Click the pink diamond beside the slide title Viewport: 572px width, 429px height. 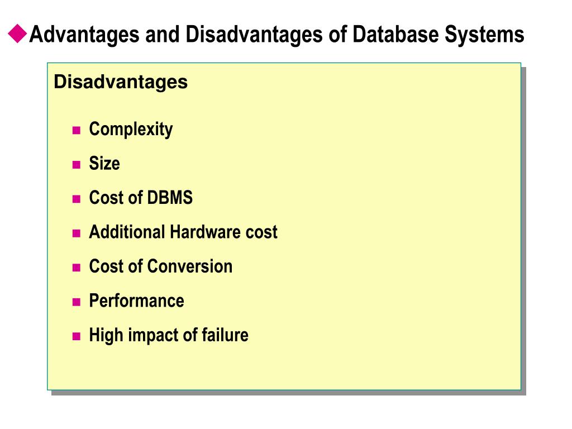[x=18, y=35]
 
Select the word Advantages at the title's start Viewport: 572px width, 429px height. [x=84, y=35]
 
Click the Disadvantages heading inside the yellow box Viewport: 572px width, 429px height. [x=121, y=82]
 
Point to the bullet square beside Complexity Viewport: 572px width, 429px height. [x=77, y=131]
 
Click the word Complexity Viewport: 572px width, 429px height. [x=131, y=130]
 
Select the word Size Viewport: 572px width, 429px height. [x=104, y=164]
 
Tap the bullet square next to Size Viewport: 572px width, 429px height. [x=77, y=165]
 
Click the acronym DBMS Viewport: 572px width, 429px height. [x=170, y=198]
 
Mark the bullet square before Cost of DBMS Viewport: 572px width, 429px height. [x=77, y=199]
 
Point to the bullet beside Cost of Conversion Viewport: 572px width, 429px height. [x=77, y=268]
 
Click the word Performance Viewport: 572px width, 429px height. [x=136, y=301]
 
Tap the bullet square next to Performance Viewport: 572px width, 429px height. [x=77, y=303]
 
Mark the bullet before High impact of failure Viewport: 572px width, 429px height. [x=77, y=337]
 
